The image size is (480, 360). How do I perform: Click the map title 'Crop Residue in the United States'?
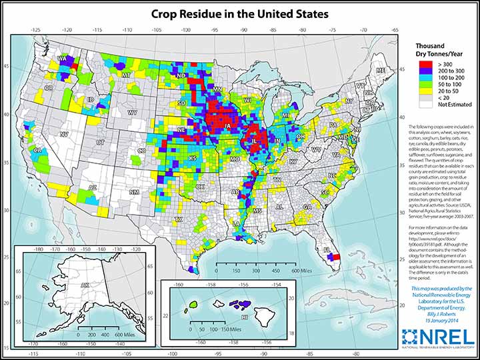tap(239, 13)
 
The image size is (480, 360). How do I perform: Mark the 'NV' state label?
tap(65, 134)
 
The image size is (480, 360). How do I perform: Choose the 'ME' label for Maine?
tap(381, 71)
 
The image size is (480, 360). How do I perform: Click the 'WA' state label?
tap(62, 59)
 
